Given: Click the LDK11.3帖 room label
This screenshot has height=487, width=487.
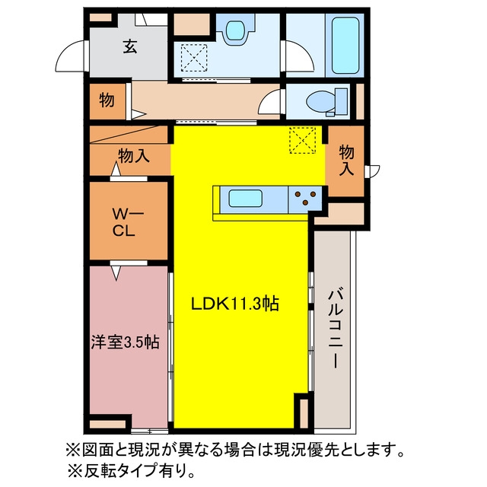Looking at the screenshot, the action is pyautogui.click(x=235, y=304).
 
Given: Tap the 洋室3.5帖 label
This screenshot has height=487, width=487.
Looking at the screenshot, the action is pyautogui.click(x=125, y=342).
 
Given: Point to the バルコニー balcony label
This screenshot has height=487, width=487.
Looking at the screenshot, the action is pyautogui.click(x=336, y=328).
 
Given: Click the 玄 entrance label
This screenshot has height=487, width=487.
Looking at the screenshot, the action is pyautogui.click(x=130, y=47).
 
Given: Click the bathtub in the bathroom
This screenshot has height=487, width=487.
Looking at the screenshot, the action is pyautogui.click(x=345, y=46).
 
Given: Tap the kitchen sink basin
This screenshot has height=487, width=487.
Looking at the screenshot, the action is pyautogui.click(x=245, y=198).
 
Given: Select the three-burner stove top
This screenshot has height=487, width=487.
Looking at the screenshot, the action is pyautogui.click(x=305, y=199).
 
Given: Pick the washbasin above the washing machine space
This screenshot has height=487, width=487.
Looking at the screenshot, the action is pyautogui.click(x=237, y=30).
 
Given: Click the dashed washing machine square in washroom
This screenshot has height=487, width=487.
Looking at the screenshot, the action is pyautogui.click(x=194, y=58).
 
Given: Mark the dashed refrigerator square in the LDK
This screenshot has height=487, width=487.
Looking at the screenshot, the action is pyautogui.click(x=303, y=140).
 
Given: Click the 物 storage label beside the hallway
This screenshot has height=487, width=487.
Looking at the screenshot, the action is pyautogui.click(x=107, y=100).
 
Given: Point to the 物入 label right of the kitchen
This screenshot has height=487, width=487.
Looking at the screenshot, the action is pyautogui.click(x=346, y=161).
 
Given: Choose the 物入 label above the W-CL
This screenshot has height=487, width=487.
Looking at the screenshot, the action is pyautogui.click(x=134, y=155).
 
